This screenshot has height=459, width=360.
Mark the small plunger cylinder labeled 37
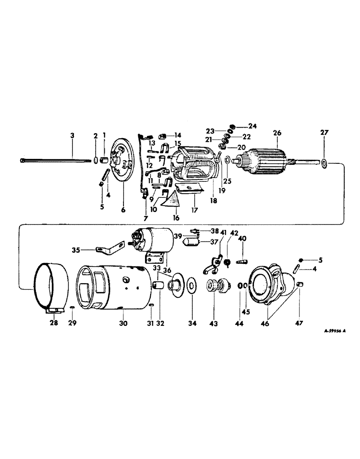[x=190, y=241]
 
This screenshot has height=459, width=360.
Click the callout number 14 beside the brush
[x=177, y=135]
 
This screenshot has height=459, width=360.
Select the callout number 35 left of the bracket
[x=75, y=251]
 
